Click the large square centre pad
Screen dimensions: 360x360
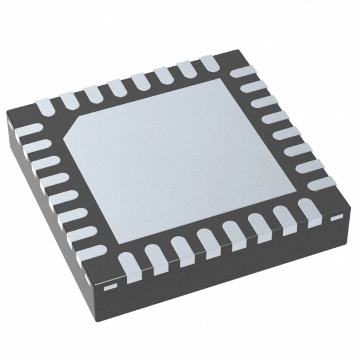pyautogui.click(x=180, y=158)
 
